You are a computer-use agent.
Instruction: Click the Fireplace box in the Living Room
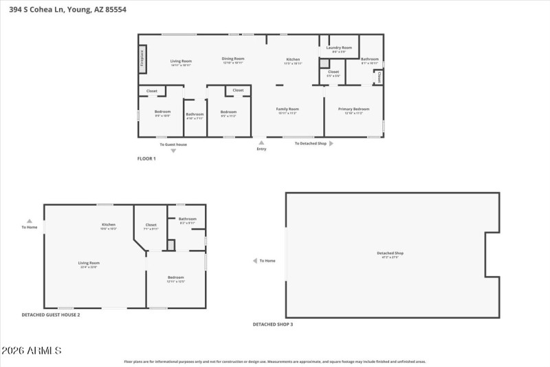click(142, 59)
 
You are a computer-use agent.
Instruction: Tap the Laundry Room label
click(339, 48)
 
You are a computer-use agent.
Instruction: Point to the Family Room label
click(287, 109)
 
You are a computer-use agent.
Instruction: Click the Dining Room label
click(233, 59)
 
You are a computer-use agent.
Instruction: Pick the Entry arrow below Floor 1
click(261, 143)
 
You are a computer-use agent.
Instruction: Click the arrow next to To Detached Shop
click(331, 144)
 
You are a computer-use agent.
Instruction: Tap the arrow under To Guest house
click(173, 151)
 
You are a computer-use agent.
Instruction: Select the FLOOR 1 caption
click(146, 158)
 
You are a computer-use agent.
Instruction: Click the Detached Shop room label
click(390, 253)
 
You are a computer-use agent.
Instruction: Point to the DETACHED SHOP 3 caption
click(272, 324)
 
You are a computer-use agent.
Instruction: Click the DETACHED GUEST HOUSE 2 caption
click(50, 315)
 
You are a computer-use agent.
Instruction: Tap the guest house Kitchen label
click(109, 225)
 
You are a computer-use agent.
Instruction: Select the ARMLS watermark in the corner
click(32, 350)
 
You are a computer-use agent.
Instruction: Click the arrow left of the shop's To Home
click(254, 261)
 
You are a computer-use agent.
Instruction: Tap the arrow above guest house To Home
click(29, 221)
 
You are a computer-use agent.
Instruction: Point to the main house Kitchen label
click(294, 60)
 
